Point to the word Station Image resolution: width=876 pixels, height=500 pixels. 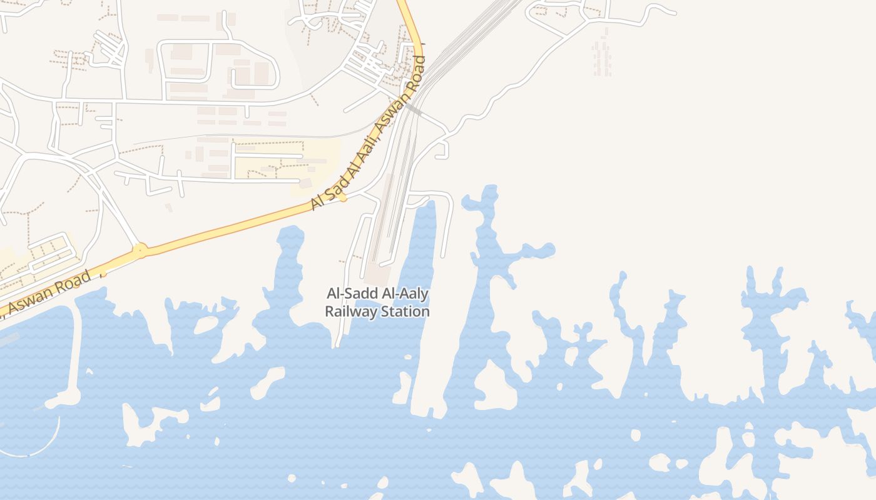(405, 311)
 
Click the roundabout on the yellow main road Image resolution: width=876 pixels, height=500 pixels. (139, 251)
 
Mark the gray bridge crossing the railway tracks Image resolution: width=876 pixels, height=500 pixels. (414, 110)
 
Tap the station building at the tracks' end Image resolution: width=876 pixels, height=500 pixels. (377, 273)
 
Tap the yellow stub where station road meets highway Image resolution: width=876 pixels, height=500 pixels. (343, 197)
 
